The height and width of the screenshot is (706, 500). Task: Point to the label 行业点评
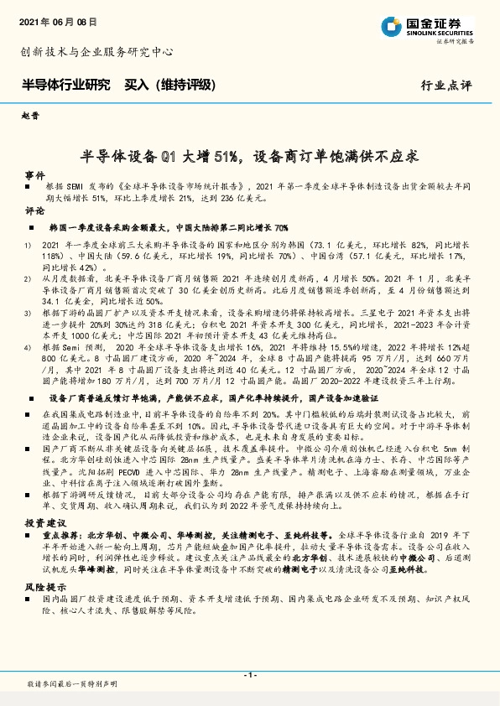(446, 86)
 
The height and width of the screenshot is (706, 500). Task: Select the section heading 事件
(34, 175)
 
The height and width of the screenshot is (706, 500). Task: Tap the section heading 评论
(34, 210)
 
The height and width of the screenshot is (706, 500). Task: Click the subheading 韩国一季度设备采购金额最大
(109, 227)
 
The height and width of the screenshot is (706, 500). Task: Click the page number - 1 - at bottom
(249, 674)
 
